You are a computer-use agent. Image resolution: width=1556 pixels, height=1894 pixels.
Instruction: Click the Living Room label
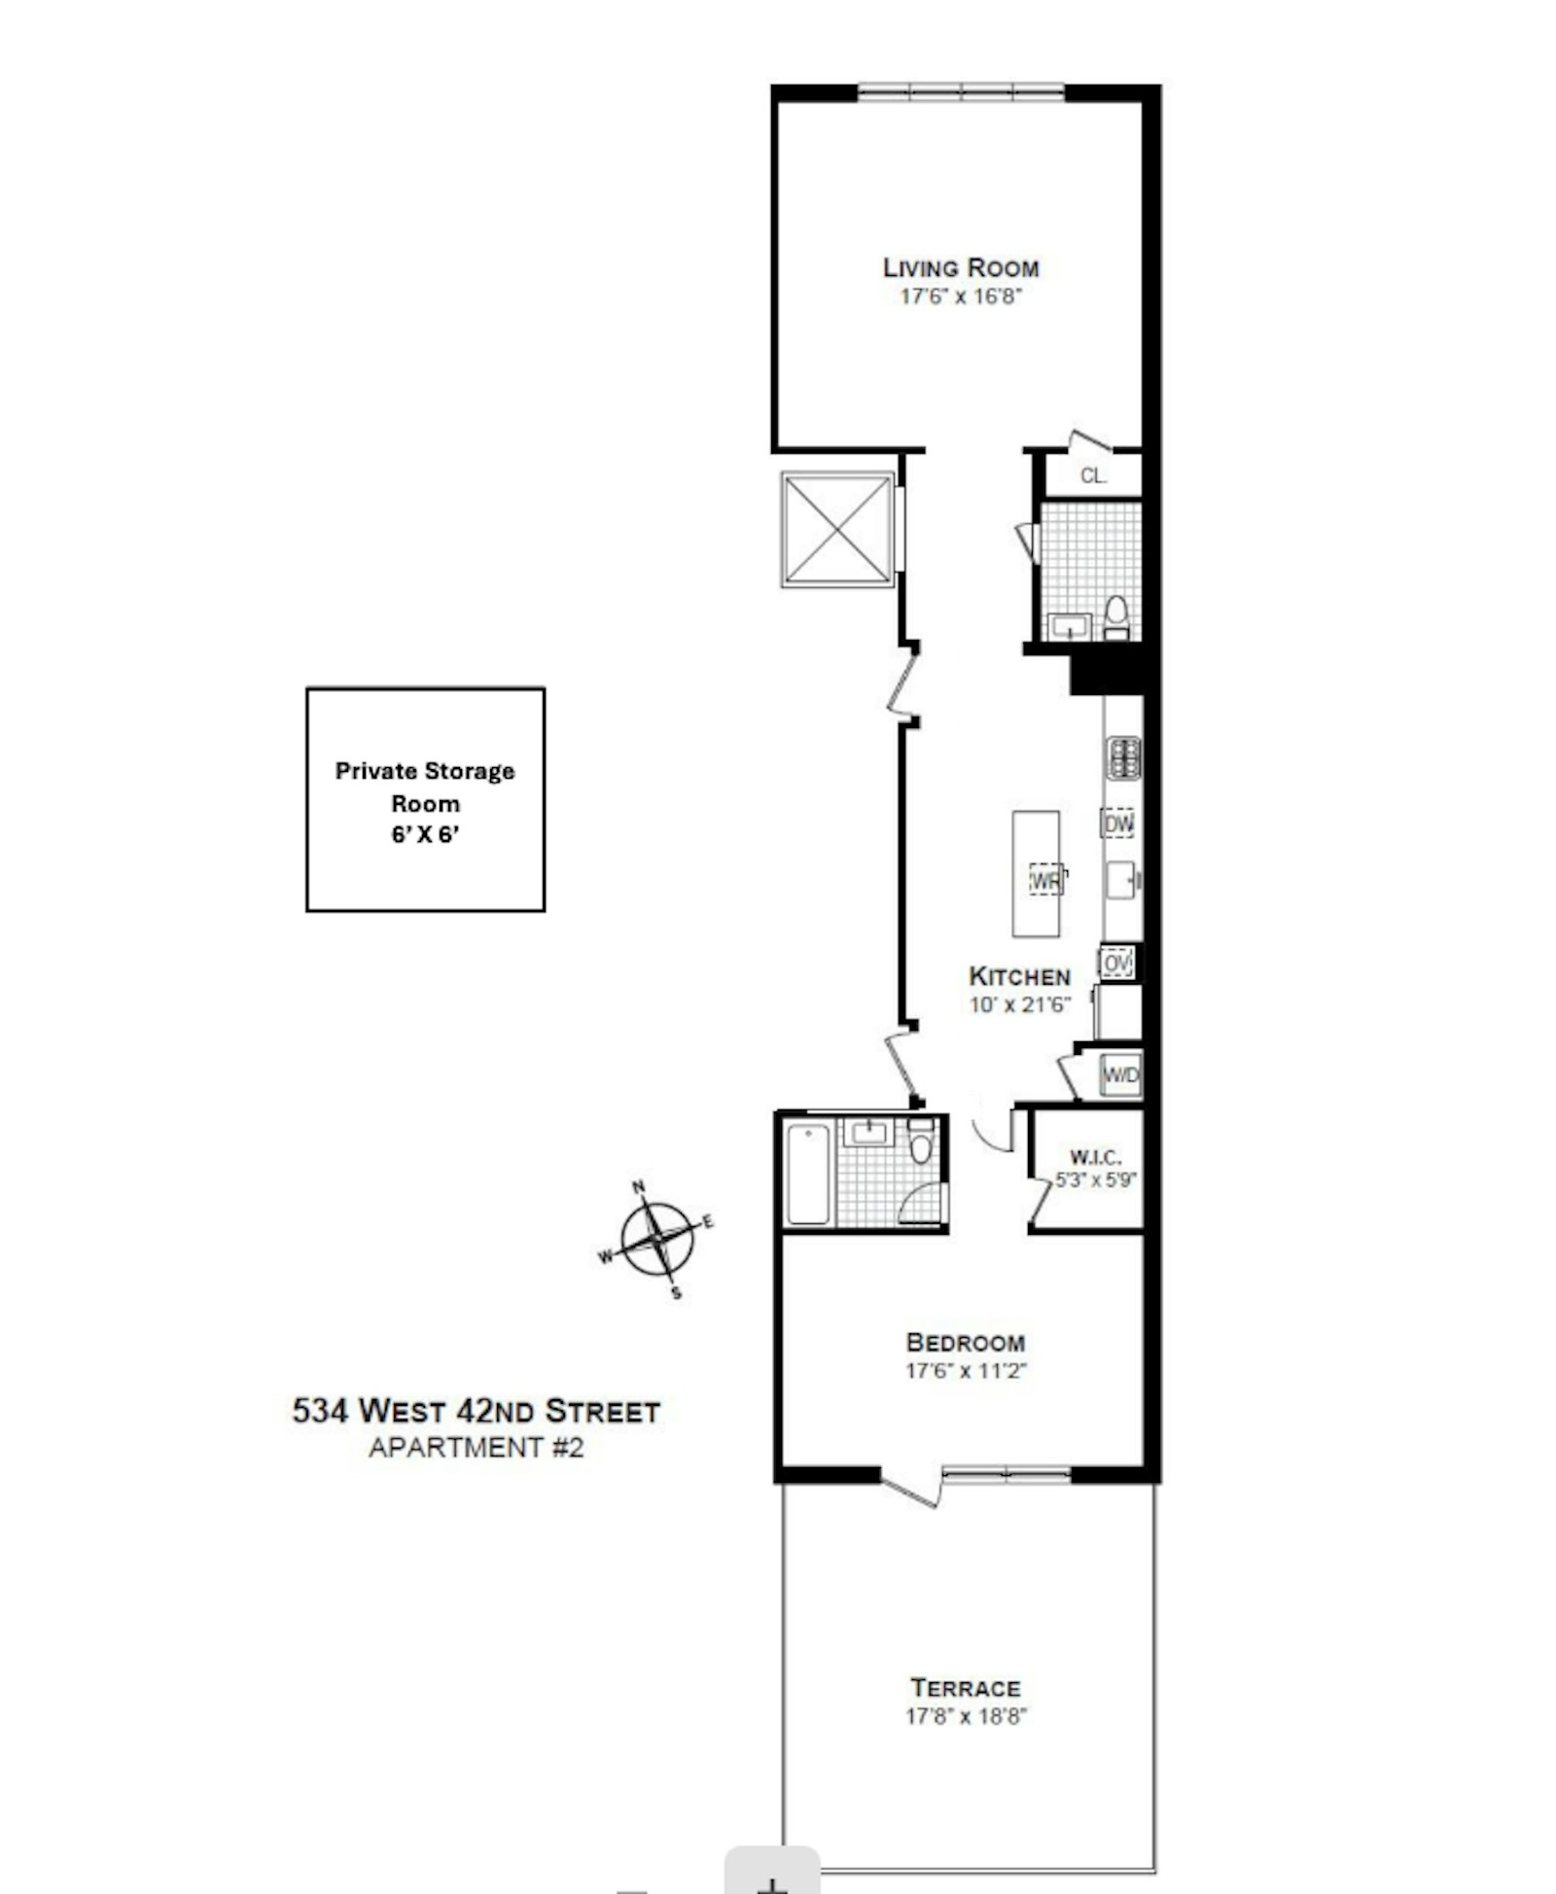pyautogui.click(x=961, y=267)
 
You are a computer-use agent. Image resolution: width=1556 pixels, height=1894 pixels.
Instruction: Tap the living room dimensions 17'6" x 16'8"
pyautogui.click(x=961, y=297)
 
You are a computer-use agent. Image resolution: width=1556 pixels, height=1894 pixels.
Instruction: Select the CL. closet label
pyautogui.click(x=1094, y=476)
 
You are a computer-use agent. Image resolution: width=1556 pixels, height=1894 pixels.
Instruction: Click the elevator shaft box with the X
pyautogui.click(x=837, y=529)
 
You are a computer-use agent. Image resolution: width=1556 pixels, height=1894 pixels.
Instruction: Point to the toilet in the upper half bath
pyautogui.click(x=1116, y=617)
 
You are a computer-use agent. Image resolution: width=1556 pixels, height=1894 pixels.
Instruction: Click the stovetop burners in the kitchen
pyautogui.click(x=1123, y=758)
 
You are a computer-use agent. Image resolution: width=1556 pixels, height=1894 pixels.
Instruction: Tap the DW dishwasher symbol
pyautogui.click(x=1119, y=824)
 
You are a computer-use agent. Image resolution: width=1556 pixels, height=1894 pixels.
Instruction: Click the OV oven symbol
pyautogui.click(x=1117, y=963)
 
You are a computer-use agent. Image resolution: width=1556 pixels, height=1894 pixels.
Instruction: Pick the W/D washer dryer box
pyautogui.click(x=1120, y=1075)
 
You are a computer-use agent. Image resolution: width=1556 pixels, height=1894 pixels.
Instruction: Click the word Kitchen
pyautogui.click(x=1020, y=976)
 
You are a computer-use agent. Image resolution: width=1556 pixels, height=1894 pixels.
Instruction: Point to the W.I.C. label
pyautogui.click(x=1096, y=1157)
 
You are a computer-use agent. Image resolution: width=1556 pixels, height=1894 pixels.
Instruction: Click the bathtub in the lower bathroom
pyautogui.click(x=808, y=1174)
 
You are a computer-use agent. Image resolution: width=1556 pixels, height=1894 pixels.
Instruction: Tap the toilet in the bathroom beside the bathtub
pyautogui.click(x=920, y=1141)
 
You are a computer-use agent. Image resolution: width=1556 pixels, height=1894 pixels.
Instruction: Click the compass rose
pyautogui.click(x=658, y=1239)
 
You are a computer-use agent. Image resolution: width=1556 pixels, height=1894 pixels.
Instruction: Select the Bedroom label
pyautogui.click(x=965, y=1343)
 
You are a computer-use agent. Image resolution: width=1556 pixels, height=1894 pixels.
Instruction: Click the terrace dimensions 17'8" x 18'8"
pyautogui.click(x=966, y=1716)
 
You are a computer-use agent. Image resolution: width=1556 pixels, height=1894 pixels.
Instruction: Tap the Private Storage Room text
pyautogui.click(x=425, y=787)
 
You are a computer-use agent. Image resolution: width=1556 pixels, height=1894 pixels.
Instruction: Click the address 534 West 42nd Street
pyautogui.click(x=477, y=1411)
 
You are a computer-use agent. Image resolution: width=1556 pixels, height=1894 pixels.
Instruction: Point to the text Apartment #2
pyautogui.click(x=477, y=1448)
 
